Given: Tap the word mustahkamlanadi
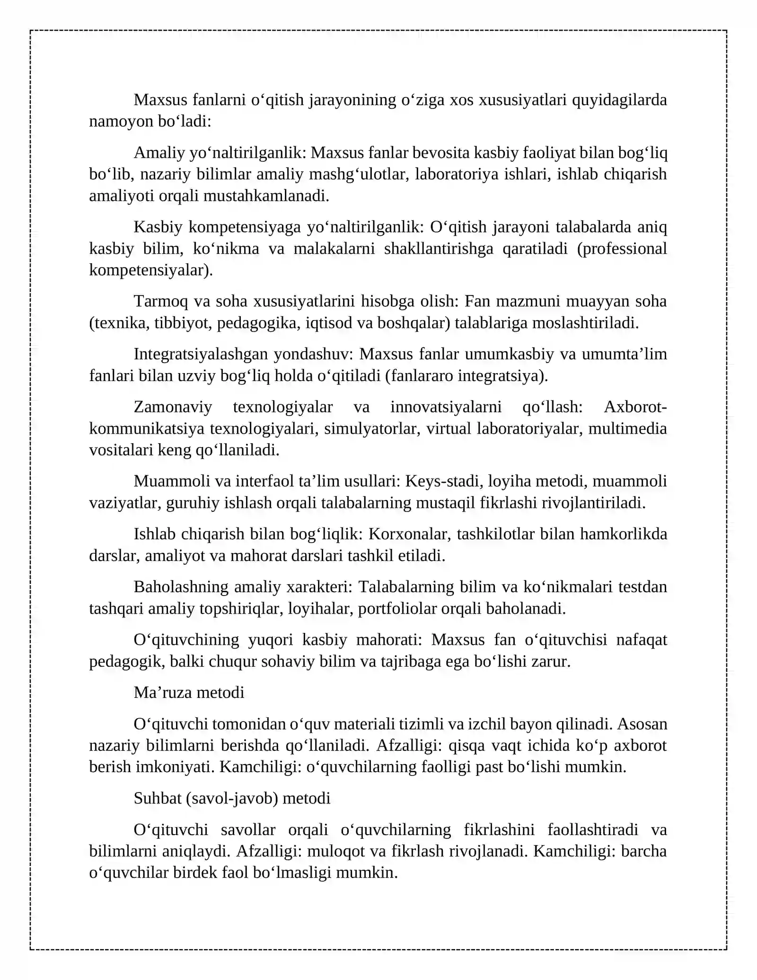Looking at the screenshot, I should click(x=266, y=196).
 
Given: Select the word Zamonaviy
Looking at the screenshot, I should click(x=173, y=407).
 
